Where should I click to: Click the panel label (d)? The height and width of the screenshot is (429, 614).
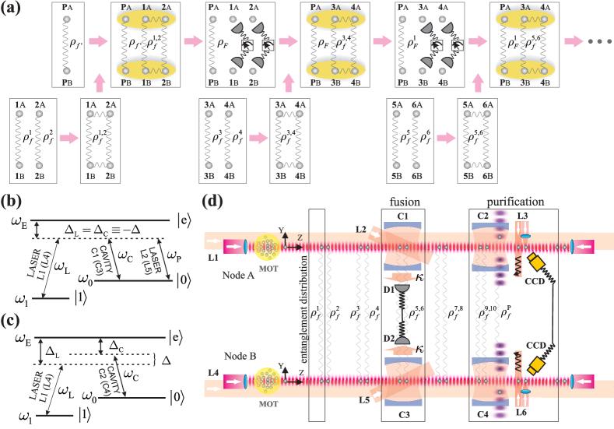tap(213, 201)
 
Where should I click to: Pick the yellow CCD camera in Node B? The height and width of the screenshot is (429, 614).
tap(536, 364)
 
